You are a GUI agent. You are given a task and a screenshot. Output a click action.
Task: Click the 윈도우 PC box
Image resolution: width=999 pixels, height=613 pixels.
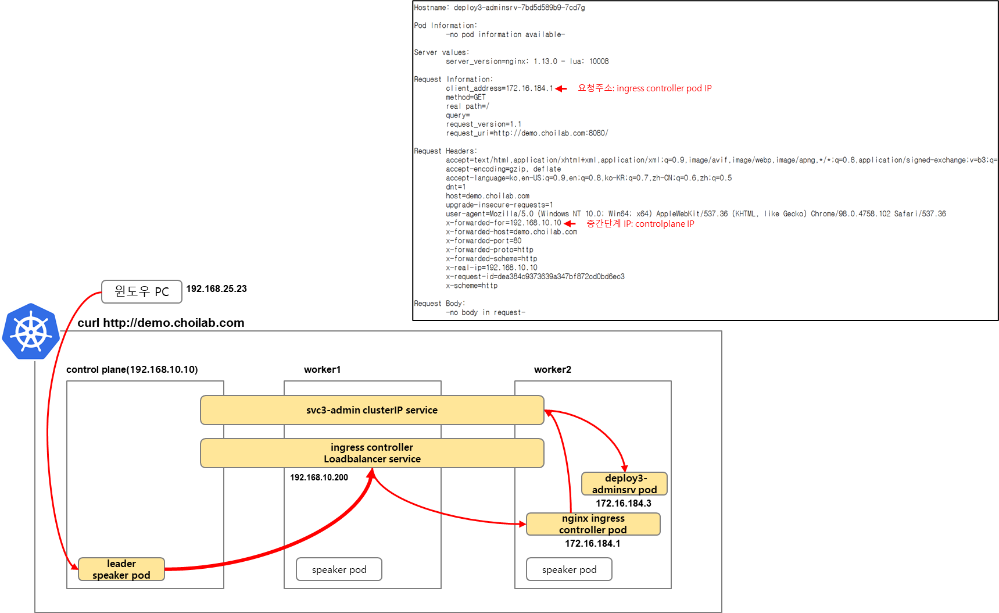click(142, 291)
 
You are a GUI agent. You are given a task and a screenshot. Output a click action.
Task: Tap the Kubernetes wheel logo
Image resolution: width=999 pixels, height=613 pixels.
click(31, 332)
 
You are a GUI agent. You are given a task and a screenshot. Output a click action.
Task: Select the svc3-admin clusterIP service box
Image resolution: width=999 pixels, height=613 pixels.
click(372, 410)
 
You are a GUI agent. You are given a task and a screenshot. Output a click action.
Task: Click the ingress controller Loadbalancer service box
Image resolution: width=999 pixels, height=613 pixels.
click(372, 453)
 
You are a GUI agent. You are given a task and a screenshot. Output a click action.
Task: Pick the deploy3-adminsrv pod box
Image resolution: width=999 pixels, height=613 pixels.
click(624, 484)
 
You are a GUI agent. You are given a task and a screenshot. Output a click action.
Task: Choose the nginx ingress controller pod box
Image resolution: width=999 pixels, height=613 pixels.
click(593, 524)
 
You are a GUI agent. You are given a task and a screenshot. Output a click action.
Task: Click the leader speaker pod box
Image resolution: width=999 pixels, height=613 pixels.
click(121, 569)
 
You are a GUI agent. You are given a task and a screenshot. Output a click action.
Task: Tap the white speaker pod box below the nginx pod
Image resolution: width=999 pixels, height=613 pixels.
click(570, 569)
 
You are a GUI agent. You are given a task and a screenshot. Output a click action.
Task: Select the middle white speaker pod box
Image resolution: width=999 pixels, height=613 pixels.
click(339, 569)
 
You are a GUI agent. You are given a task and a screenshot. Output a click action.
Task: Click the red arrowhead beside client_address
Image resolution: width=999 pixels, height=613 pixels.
click(561, 88)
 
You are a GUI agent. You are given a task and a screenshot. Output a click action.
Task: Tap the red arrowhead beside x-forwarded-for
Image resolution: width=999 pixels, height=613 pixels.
click(570, 223)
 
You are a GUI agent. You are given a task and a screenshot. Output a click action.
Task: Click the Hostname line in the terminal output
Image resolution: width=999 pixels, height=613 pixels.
click(499, 8)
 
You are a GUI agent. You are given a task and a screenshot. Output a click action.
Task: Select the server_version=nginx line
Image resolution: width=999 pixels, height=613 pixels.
click(527, 61)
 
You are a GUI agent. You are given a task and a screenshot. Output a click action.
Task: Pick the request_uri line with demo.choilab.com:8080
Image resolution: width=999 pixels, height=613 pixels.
click(527, 133)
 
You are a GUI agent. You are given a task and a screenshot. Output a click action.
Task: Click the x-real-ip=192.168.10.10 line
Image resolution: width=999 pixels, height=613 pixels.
click(492, 268)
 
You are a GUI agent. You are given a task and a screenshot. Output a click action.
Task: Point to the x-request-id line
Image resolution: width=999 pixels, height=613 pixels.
click(535, 277)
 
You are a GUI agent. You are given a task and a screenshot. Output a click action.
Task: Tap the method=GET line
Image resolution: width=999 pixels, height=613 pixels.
click(466, 97)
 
